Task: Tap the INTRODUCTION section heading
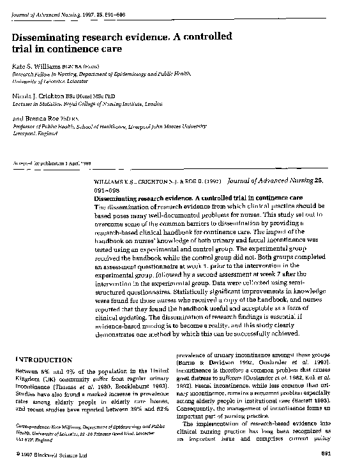click(43, 360)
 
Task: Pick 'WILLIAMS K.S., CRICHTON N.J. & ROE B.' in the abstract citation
click(150, 181)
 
